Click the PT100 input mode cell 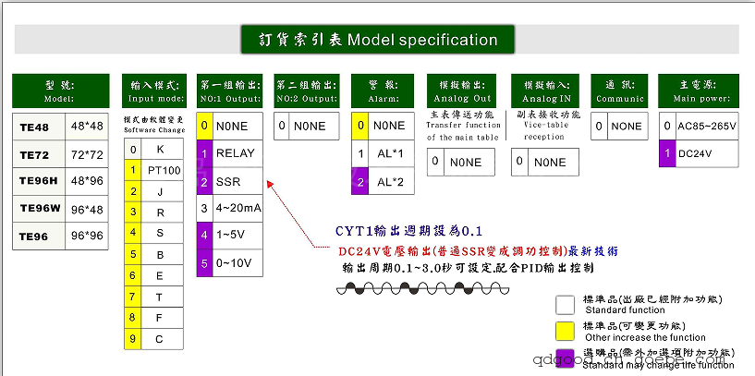click(x=164, y=171)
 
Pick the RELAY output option click(x=235, y=153)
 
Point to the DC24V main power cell click(x=698, y=153)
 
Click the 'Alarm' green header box click(x=383, y=91)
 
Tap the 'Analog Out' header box click(x=463, y=91)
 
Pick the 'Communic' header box click(x=618, y=91)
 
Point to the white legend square click(x=566, y=303)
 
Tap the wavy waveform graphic click(x=403, y=288)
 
